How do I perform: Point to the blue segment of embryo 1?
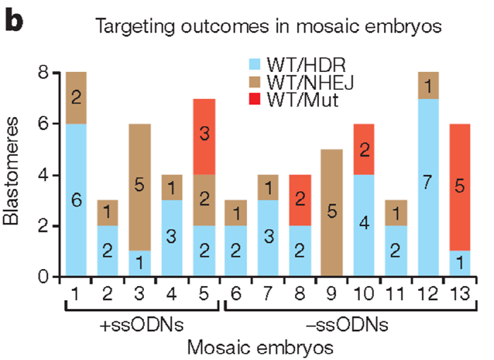coord(76,200)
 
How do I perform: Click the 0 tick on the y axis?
coord(45,276)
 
